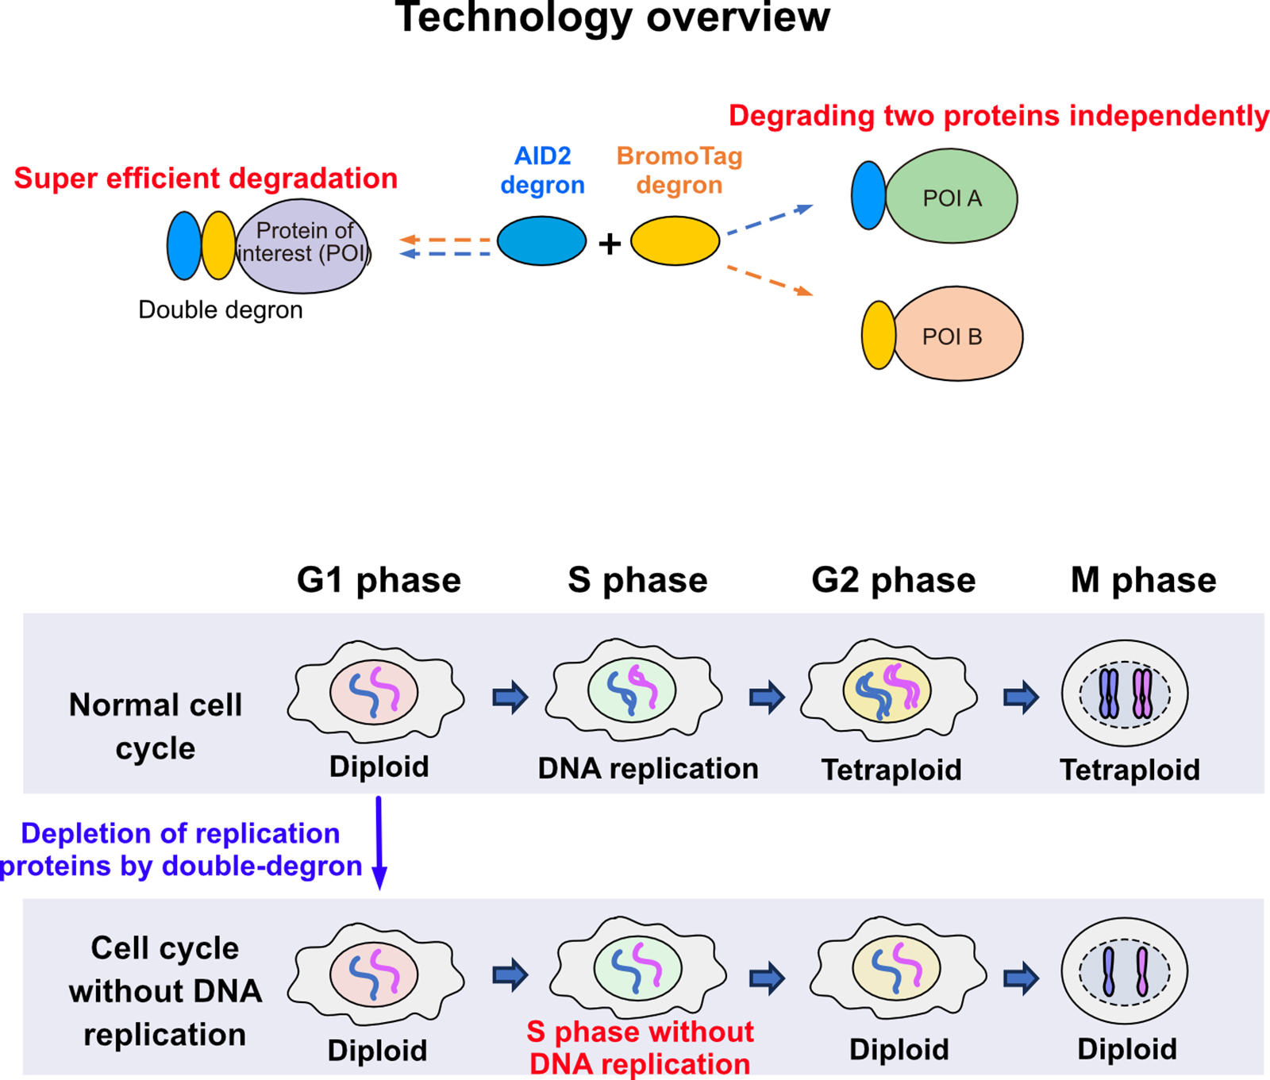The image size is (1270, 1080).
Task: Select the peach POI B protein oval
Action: coord(958,334)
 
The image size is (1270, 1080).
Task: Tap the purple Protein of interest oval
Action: coord(302,245)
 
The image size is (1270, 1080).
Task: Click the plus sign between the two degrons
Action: coord(609,244)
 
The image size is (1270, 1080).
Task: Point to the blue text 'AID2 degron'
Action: coord(542,170)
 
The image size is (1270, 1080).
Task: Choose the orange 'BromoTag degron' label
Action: coord(679,170)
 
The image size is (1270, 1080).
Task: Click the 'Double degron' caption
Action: coord(220,309)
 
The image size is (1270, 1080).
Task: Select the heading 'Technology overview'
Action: coord(612,17)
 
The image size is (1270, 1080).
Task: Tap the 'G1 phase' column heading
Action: coord(379,580)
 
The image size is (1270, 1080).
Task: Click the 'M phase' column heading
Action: coord(1143,580)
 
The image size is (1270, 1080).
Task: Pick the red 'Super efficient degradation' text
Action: coord(206,179)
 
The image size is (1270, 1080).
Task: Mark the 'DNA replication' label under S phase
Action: coord(648,768)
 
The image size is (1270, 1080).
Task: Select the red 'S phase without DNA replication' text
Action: coord(640,1047)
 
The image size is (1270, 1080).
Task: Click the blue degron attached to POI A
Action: coord(868,195)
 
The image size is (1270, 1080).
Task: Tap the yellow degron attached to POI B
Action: coord(878,335)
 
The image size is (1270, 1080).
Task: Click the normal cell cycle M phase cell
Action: coord(1125,694)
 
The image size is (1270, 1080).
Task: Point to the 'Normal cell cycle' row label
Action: coord(156,726)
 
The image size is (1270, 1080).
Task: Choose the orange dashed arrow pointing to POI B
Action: coord(769,281)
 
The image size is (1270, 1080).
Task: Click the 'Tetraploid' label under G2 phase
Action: coord(891,770)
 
